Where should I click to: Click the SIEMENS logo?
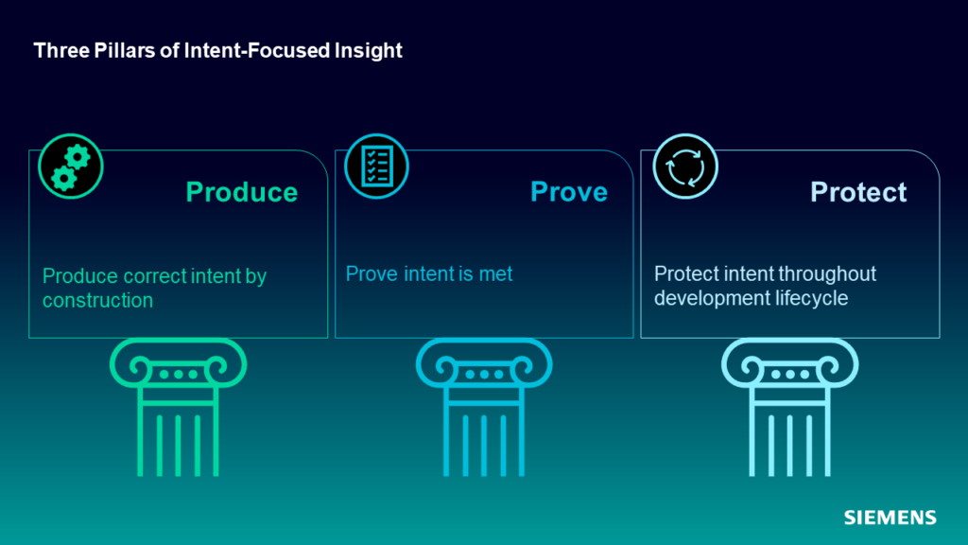click(x=890, y=518)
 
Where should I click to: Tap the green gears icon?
click(x=70, y=167)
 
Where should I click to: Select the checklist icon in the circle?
click(x=376, y=167)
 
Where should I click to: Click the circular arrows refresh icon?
click(x=685, y=167)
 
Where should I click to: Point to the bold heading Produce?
click(x=242, y=192)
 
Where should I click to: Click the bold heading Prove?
click(x=569, y=192)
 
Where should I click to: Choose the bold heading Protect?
click(x=858, y=192)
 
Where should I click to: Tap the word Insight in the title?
click(x=369, y=51)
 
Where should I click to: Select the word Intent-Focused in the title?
click(x=257, y=51)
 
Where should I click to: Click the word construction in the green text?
click(x=97, y=300)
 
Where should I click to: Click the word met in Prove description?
click(x=495, y=273)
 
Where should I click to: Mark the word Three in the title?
click(x=61, y=51)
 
